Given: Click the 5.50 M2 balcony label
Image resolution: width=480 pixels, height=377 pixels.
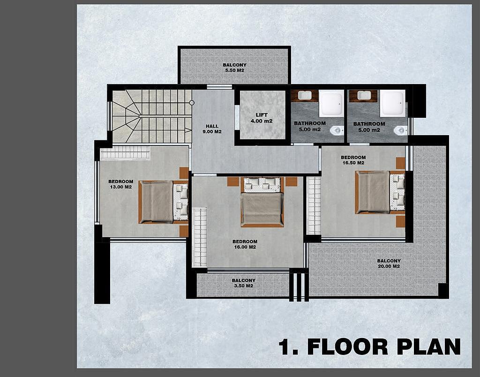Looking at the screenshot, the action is coord(234,68).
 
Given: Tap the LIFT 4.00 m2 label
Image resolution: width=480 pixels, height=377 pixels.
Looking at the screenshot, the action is coord(262,118).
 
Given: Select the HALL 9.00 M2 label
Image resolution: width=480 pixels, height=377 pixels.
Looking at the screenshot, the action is coord(212,129).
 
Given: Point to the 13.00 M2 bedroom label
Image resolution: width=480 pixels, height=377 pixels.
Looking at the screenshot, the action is coord(121,184).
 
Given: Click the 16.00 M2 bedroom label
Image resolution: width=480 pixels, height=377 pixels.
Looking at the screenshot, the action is coord(245,244).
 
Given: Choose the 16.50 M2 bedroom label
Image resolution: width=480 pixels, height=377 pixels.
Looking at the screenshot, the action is coord(353,160).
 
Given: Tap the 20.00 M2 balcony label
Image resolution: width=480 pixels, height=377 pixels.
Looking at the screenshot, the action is coord(389,263).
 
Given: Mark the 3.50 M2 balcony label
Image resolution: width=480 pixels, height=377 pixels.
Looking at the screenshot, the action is coord(244,283).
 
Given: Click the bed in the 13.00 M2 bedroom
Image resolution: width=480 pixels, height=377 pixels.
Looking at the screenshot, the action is coord(163,202).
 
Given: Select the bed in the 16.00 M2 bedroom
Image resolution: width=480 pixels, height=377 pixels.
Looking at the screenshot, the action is coord(262,202).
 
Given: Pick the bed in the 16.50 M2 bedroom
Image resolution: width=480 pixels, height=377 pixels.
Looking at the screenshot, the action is coord(380,192).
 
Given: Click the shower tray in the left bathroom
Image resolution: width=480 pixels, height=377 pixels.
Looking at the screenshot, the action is coord(331,103).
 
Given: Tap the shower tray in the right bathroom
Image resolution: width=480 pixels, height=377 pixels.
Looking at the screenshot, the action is coord(393,103).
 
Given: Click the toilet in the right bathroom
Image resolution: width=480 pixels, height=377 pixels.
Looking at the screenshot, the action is coord(401,131).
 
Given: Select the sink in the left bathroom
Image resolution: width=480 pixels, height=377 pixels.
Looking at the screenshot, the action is coord(305,95).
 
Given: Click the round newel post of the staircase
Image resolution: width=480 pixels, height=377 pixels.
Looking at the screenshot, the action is coord(192,103).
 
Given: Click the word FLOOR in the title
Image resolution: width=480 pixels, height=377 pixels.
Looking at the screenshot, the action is coord(347,346).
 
